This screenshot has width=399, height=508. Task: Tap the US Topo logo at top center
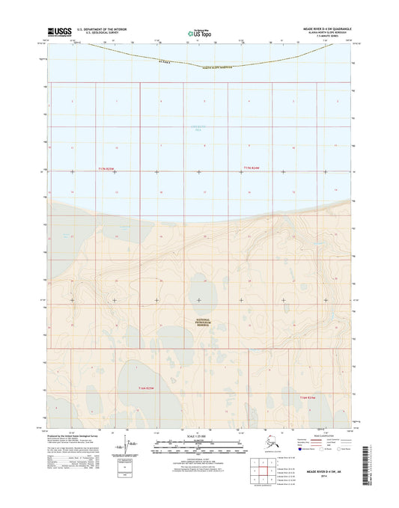click(199, 33)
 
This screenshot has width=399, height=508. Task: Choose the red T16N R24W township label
click(309, 397)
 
